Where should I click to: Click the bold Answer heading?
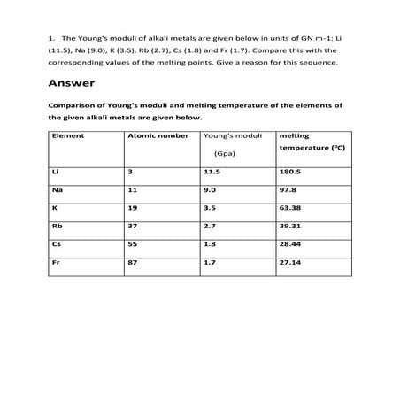pyautogui.click(x=67, y=85)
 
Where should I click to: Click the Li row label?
pyautogui.click(x=56, y=171)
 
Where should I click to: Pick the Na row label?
pyautogui.click(x=58, y=189)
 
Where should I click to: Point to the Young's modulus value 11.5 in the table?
pyautogui.click(x=212, y=171)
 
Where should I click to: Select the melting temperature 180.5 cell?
pyautogui.click(x=290, y=171)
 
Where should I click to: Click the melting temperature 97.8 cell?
pyautogui.click(x=288, y=189)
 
